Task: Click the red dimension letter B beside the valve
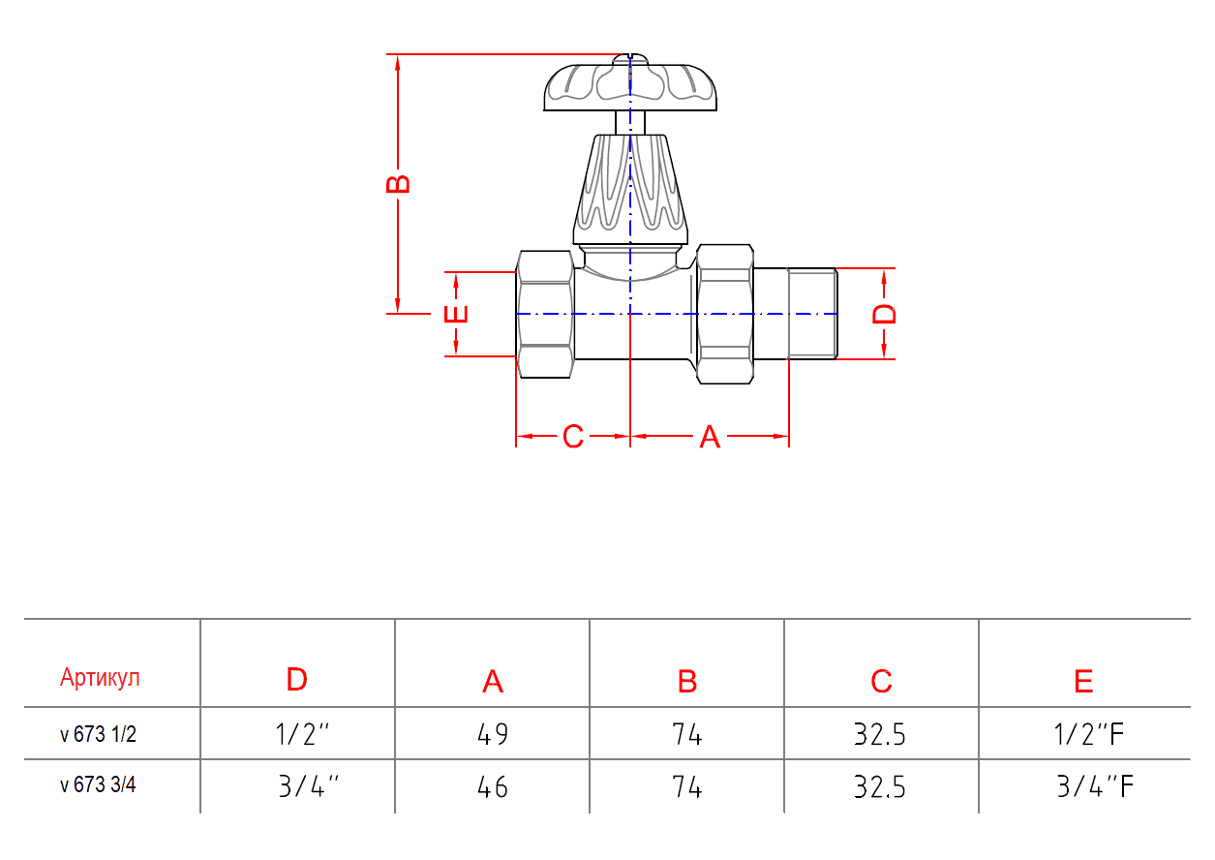(x=398, y=183)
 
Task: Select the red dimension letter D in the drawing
(x=885, y=314)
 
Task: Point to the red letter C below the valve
(x=573, y=438)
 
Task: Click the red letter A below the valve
(x=710, y=438)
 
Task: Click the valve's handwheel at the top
(x=631, y=85)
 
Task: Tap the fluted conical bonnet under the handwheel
(x=631, y=189)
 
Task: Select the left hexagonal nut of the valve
(x=546, y=314)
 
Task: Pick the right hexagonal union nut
(x=725, y=314)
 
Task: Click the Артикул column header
(x=100, y=678)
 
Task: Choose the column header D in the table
(x=297, y=680)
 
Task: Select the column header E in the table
(x=1083, y=682)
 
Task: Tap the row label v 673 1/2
(x=98, y=735)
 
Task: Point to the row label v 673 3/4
(x=98, y=785)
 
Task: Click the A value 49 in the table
(x=492, y=735)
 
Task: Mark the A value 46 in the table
(x=492, y=787)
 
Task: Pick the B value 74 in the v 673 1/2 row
(x=686, y=735)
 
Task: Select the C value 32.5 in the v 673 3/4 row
(x=879, y=787)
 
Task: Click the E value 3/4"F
(x=1094, y=786)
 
